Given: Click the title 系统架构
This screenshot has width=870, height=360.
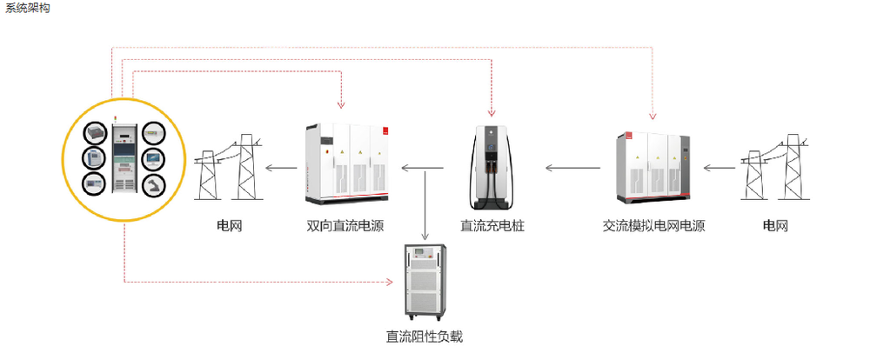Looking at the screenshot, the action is pyautogui.click(x=27, y=9).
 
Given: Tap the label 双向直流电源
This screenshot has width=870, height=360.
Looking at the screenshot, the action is pyautogui.click(x=345, y=226).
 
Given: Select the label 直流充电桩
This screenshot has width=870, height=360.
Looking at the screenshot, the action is pyautogui.click(x=492, y=226).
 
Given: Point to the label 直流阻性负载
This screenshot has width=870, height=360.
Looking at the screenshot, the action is pyautogui.click(x=425, y=337).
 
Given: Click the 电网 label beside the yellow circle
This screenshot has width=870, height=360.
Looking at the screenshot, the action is pyautogui.click(x=229, y=226).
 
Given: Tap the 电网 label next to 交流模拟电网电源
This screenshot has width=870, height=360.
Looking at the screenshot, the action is pyautogui.click(x=775, y=226).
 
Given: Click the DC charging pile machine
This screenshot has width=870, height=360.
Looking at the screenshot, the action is pyautogui.click(x=492, y=167).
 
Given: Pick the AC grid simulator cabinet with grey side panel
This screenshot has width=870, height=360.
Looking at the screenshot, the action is pyautogui.click(x=653, y=167).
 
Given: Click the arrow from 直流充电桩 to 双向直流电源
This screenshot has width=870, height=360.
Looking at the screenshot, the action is pyautogui.click(x=422, y=168).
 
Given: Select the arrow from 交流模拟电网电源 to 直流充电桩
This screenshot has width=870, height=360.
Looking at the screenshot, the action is pyautogui.click(x=572, y=168).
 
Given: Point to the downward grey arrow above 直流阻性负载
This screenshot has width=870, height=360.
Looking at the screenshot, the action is pyautogui.click(x=425, y=204).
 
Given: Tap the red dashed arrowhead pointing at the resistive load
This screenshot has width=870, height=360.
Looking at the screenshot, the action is pyautogui.click(x=389, y=283).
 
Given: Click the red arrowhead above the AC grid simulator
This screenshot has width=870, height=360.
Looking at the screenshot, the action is pyautogui.click(x=652, y=115).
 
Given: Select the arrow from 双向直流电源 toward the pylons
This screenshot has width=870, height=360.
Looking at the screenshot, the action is pyautogui.click(x=281, y=168).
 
